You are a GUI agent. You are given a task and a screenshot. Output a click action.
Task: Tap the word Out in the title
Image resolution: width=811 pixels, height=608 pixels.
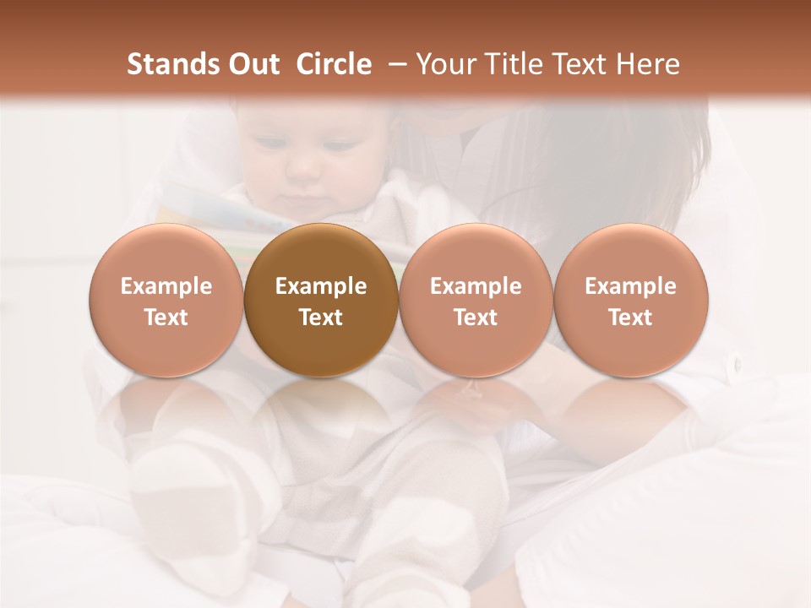(x=252, y=64)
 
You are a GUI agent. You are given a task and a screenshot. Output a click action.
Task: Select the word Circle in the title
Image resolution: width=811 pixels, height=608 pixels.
(x=334, y=64)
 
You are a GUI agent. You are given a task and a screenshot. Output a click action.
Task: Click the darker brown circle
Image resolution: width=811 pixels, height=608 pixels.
(x=321, y=301)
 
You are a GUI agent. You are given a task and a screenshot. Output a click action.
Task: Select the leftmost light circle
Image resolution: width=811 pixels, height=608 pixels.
(x=166, y=301)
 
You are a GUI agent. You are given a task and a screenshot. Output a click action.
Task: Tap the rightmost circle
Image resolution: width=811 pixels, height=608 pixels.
(x=631, y=301)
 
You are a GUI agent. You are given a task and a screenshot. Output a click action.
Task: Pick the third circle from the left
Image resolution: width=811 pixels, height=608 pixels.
(x=476, y=301)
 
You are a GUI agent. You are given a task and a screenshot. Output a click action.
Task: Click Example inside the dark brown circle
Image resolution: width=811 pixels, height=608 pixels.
(x=321, y=286)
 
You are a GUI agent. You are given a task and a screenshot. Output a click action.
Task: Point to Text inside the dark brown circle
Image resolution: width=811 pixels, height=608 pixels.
(x=321, y=318)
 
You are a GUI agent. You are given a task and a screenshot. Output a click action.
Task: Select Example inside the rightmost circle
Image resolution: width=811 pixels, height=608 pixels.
(x=631, y=286)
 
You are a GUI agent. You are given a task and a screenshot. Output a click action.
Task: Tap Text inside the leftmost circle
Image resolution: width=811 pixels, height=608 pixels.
(x=166, y=318)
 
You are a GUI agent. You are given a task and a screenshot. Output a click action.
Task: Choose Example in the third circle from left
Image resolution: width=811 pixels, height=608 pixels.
(x=476, y=286)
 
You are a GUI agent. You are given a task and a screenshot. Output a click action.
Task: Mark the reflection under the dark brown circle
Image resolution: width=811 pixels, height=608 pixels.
(x=321, y=414)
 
